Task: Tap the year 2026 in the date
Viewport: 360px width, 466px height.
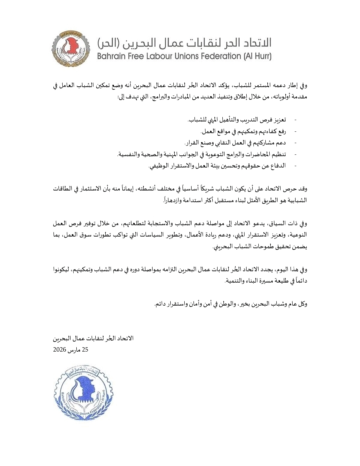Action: [x=60, y=350]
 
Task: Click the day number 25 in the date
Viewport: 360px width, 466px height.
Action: [x=85, y=350]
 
